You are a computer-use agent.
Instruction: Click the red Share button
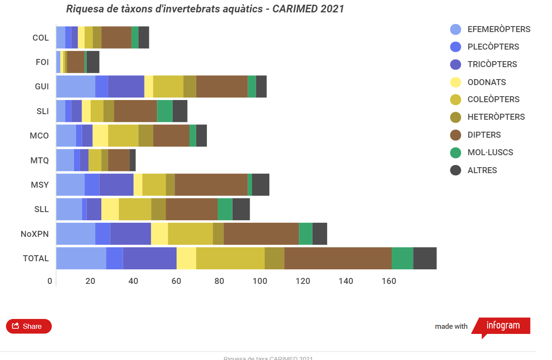[x=29, y=326]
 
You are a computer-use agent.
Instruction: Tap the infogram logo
[x=503, y=326]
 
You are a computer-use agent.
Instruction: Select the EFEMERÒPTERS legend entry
[x=490, y=30]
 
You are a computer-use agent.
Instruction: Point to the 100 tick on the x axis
[x=260, y=281]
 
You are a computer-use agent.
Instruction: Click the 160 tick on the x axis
[x=389, y=281]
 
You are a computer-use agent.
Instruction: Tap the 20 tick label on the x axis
[x=90, y=281]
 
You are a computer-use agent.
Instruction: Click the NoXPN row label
[x=35, y=234]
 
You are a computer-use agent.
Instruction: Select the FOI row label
[x=42, y=62]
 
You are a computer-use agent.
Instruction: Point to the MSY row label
[x=40, y=185]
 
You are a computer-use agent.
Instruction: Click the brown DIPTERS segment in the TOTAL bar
[x=337, y=258]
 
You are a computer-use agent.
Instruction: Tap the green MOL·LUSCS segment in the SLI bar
[x=165, y=111]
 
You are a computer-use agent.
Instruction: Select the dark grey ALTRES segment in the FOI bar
[x=93, y=62]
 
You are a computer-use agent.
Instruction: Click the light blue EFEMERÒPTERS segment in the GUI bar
[x=76, y=86]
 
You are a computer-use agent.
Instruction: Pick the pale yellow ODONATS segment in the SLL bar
[x=110, y=209]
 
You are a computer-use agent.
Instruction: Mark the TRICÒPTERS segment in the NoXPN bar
[x=130, y=234]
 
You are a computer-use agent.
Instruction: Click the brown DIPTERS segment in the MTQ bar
[x=119, y=160]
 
